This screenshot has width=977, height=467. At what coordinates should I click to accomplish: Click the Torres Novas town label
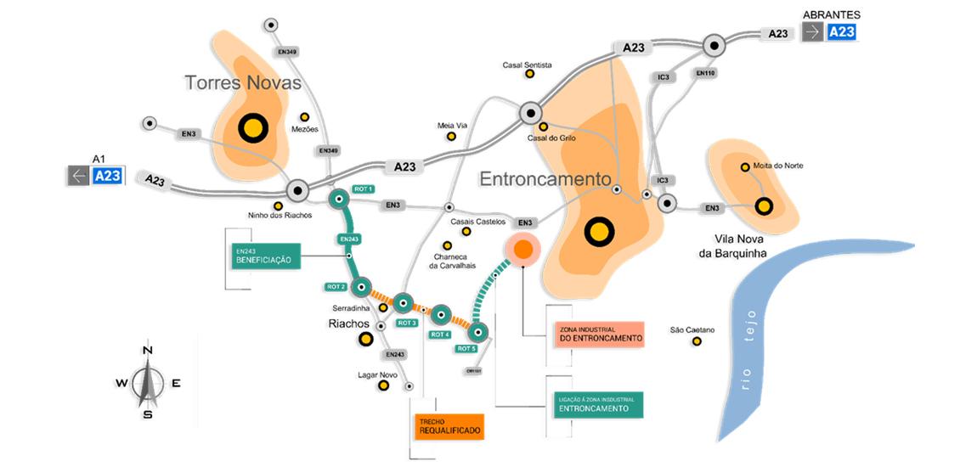point(244,83)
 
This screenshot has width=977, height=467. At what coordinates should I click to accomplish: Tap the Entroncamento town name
point(545,179)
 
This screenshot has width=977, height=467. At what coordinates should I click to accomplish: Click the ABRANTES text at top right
point(831,14)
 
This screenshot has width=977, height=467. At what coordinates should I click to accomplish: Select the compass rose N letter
point(148,351)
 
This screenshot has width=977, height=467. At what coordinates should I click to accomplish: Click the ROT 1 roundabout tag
point(364,188)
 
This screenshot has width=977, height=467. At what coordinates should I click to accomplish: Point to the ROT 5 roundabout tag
point(466,349)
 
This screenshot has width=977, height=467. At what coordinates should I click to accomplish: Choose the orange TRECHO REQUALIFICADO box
point(449,426)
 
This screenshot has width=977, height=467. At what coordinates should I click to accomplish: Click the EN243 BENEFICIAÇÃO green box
point(268,256)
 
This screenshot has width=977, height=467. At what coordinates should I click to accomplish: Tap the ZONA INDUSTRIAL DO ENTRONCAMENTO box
point(600,334)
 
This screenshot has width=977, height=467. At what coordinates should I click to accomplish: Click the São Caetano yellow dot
point(697,341)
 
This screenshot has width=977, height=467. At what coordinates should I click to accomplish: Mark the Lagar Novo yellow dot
point(384,385)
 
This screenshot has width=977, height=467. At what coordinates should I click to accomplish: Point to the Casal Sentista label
point(527,65)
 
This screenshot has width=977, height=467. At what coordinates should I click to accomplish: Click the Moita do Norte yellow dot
point(745,167)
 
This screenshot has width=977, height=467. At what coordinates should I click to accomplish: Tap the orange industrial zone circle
point(523,249)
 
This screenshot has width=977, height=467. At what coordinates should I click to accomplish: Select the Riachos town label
point(350,324)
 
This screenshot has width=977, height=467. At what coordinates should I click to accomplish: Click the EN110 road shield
point(705,74)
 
